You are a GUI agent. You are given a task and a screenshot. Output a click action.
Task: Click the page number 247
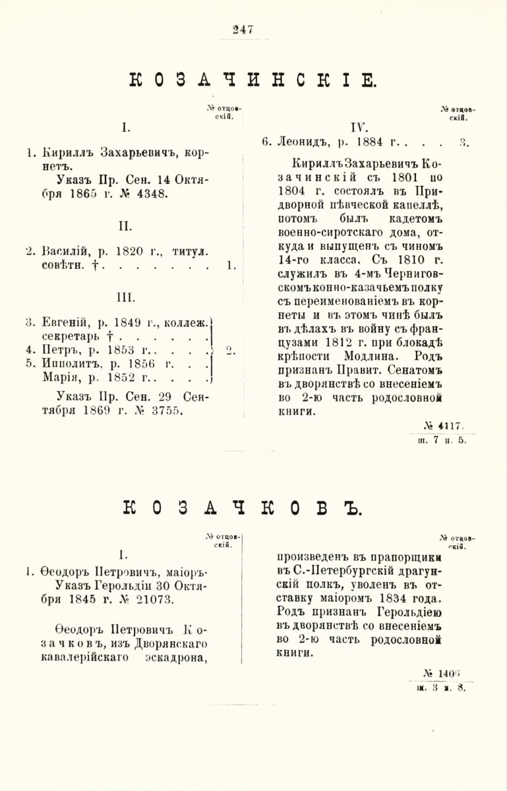[x=243, y=29]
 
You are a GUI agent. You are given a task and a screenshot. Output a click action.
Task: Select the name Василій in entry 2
[x=63, y=251]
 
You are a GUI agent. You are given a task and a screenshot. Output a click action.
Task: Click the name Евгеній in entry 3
[x=63, y=322]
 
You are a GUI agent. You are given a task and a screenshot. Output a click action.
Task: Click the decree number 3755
[x=167, y=410]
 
